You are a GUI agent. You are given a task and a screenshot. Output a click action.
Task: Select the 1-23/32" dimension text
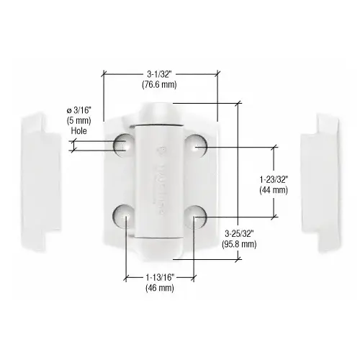coord(273,179)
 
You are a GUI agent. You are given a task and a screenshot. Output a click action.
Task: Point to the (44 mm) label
coord(273,190)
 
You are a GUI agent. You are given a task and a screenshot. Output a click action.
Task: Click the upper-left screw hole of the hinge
coord(122,145)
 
